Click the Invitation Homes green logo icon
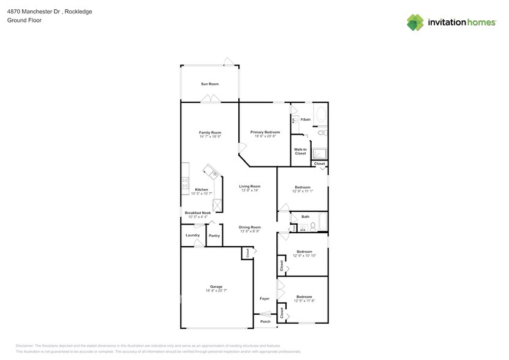pyautogui.click(x=416, y=22)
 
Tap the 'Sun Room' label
pyautogui.click(x=209, y=84)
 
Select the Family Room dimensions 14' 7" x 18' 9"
pyautogui.click(x=209, y=137)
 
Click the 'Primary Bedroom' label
pyautogui.click(x=265, y=132)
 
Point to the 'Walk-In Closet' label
pyautogui.click(x=300, y=151)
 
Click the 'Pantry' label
pyautogui.click(x=214, y=236)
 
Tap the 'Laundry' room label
pyautogui.click(x=192, y=235)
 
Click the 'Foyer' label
pyautogui.click(x=264, y=299)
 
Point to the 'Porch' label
pyautogui.click(x=265, y=321)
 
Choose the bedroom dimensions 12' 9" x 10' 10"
pyautogui.click(x=304, y=255)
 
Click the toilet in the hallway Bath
pyautogui.click(x=313, y=227)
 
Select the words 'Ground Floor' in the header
pyautogui.click(x=23, y=20)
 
